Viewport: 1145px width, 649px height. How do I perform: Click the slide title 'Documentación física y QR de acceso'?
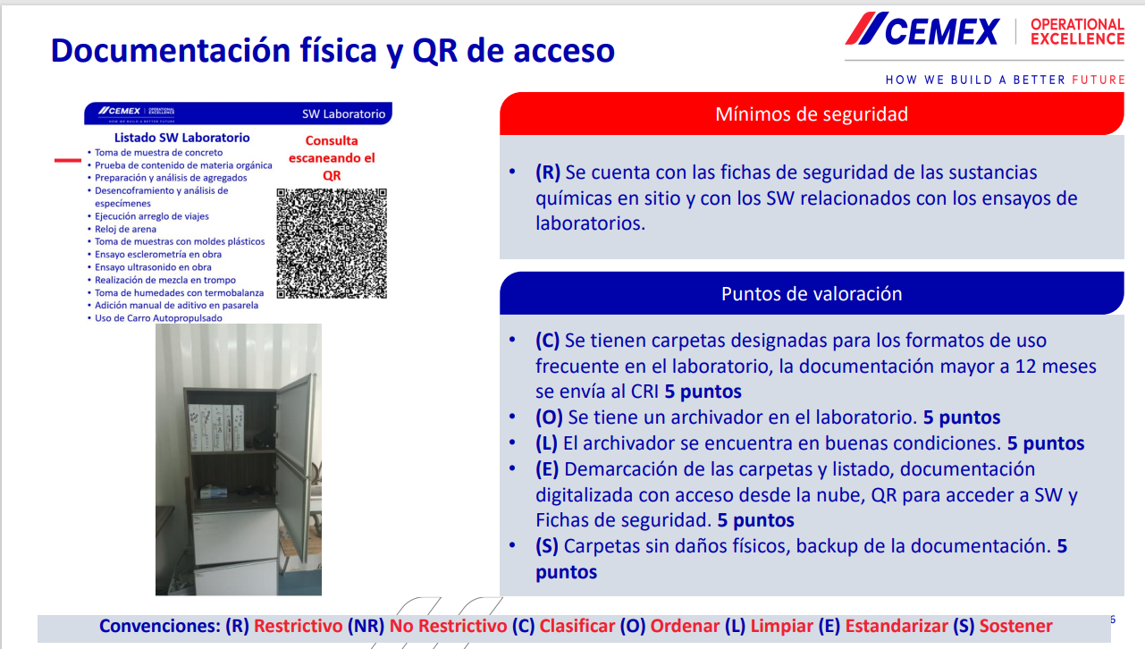point(333,51)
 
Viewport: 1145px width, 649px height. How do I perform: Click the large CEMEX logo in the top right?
point(922,31)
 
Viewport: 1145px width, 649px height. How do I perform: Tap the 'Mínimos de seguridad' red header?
point(811,114)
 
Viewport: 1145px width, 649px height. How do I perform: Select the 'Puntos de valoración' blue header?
point(811,294)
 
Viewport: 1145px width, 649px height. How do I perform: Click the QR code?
point(332,243)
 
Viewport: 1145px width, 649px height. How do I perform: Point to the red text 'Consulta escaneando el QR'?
point(332,158)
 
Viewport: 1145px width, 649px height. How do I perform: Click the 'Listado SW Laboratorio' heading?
point(181,138)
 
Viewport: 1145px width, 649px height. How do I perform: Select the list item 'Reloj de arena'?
point(125,229)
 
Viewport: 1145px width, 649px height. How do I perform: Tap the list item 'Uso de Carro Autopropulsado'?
point(158,318)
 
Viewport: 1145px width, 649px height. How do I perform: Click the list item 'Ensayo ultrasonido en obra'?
point(153,267)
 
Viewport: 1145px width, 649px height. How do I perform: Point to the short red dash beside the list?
point(69,161)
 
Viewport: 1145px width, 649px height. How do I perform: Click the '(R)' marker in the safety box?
point(548,173)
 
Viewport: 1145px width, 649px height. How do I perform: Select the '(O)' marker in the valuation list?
point(548,417)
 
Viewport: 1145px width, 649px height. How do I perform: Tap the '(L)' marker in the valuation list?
point(547,443)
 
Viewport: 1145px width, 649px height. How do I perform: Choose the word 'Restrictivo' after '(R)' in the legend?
point(298,627)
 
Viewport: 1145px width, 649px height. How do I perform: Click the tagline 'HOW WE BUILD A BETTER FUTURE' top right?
point(1005,80)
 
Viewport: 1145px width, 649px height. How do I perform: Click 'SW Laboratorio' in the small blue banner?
point(343,114)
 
